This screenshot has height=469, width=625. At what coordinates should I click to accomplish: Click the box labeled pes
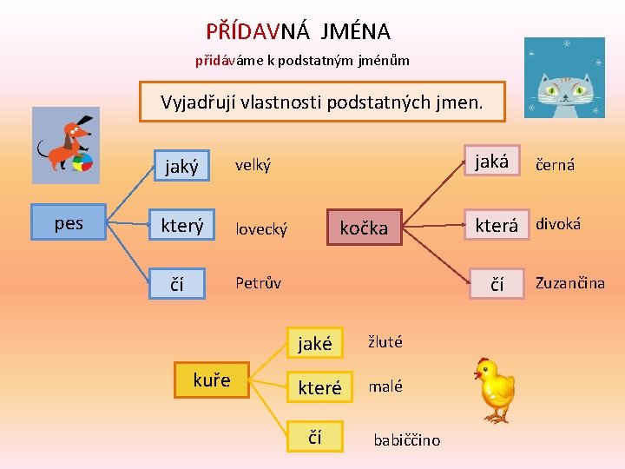pos(69,223)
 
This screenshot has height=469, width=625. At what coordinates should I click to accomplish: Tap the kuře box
pos(211,380)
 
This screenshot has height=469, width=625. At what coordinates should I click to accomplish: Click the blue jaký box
pos(181,165)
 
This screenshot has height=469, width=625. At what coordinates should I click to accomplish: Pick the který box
pos(181,226)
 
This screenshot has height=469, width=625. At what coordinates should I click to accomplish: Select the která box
pos(496,225)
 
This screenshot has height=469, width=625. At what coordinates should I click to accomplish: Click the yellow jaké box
pos(315,343)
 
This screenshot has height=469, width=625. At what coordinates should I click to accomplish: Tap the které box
pos(319,387)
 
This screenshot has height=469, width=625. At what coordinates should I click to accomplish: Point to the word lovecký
pos(261,228)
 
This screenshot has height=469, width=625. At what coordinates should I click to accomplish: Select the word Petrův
pos(259,282)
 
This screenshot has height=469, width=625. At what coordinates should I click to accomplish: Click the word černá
pos(555,164)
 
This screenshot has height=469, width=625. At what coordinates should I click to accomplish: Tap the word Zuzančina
pos(569,282)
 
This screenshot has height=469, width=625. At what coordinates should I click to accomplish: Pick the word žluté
pos(385,341)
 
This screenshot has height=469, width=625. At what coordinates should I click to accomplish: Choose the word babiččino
pos(406,439)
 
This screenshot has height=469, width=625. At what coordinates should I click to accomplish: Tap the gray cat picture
pos(564,77)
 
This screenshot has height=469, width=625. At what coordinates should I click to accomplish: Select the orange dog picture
pos(66,145)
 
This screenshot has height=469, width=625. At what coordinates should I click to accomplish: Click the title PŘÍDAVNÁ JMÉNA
pos(298,32)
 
